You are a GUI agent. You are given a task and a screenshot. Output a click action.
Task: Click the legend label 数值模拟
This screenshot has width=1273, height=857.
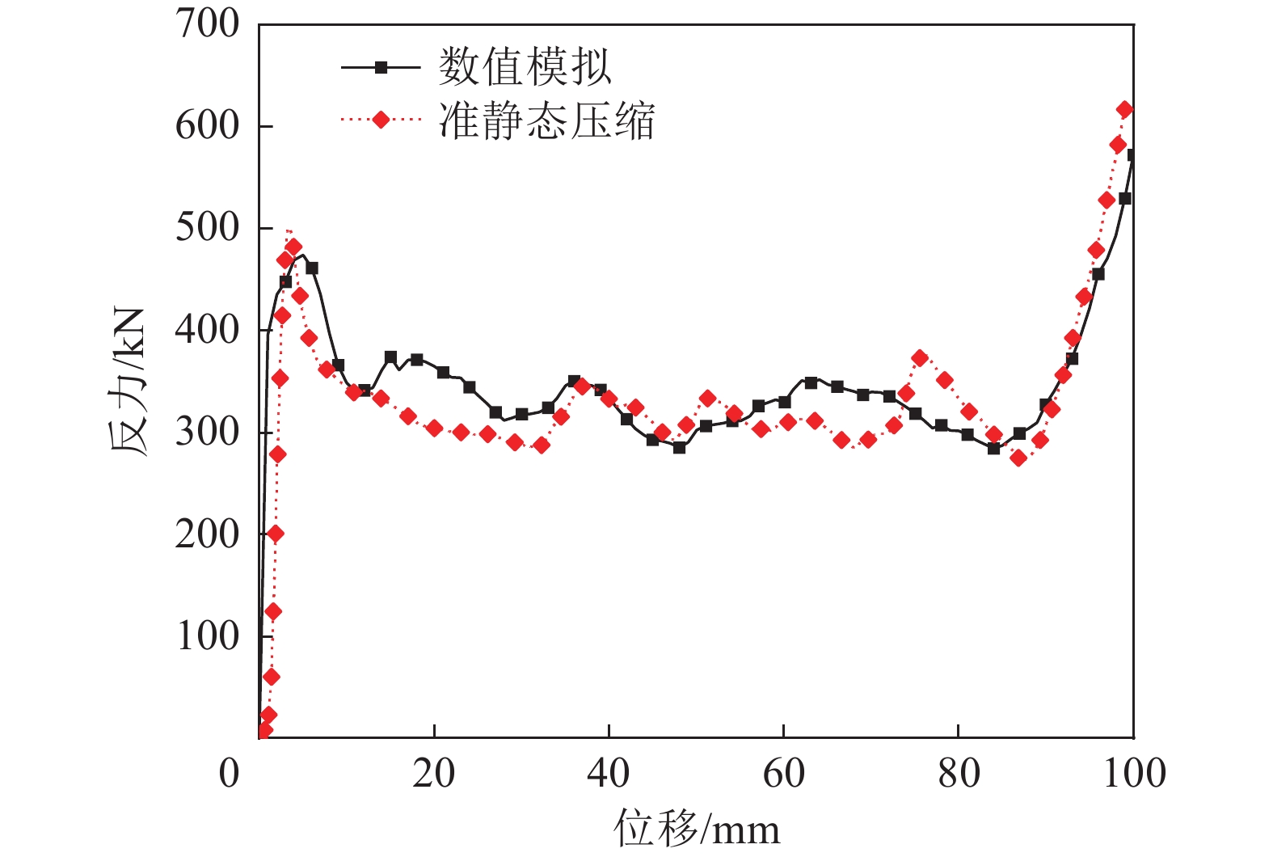[x=525, y=67]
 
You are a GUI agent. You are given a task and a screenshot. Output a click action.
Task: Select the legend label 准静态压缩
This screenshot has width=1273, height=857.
[x=546, y=121]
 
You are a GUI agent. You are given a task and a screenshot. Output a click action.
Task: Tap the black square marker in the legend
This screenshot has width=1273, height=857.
[x=381, y=68]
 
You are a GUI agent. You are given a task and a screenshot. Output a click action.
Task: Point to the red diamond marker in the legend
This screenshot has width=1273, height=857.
[x=381, y=120]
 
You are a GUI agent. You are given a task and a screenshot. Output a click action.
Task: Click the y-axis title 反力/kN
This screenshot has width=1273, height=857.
[x=129, y=382]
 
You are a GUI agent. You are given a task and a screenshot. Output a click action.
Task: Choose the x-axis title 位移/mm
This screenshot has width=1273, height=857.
[x=697, y=830]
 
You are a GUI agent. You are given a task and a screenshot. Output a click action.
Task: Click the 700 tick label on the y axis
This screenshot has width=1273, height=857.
[x=208, y=24]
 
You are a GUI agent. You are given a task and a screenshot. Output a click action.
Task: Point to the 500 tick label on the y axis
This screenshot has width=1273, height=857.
[x=208, y=228]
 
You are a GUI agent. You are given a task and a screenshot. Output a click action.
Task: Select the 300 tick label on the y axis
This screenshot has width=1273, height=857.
[x=208, y=432]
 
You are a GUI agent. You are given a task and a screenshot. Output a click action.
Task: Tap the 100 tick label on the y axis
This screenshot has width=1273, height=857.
[x=208, y=635]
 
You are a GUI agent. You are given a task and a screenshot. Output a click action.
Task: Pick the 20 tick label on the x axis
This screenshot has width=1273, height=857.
[x=434, y=774]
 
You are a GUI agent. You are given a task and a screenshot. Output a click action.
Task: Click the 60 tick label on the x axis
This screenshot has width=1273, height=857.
[x=783, y=774]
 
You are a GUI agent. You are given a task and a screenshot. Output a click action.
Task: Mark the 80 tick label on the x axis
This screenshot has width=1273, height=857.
[x=959, y=774]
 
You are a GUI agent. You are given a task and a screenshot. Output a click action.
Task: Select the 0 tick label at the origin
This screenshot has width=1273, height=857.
[x=230, y=774]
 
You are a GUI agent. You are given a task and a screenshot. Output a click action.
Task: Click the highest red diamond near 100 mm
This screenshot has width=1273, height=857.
[x=1124, y=109]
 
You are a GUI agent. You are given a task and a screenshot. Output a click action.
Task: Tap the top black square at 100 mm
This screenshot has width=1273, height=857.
[x=1132, y=155]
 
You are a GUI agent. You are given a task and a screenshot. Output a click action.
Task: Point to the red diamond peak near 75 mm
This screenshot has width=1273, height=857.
[x=920, y=358]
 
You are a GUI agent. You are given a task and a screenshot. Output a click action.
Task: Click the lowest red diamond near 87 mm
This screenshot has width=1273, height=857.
[x=1018, y=458]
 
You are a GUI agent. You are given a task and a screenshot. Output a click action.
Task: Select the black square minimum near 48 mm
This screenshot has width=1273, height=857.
[x=679, y=447]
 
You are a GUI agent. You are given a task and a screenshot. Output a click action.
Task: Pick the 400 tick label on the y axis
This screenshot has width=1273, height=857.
[x=208, y=330]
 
